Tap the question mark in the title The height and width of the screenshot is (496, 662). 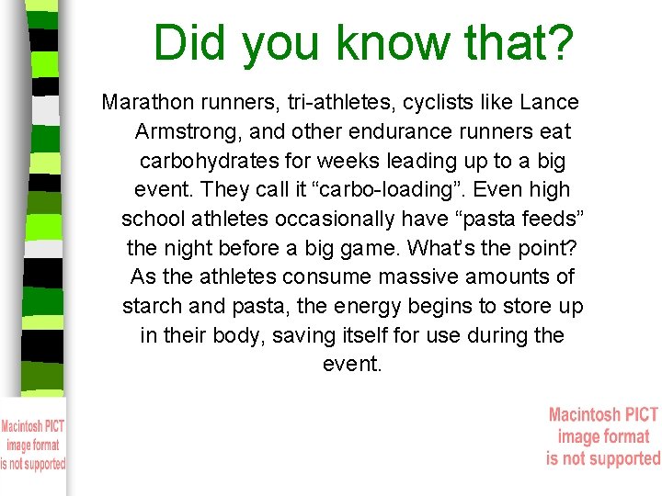point(561,42)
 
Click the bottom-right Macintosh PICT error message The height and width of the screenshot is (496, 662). point(603,436)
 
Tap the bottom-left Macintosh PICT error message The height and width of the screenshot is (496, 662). point(33,445)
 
